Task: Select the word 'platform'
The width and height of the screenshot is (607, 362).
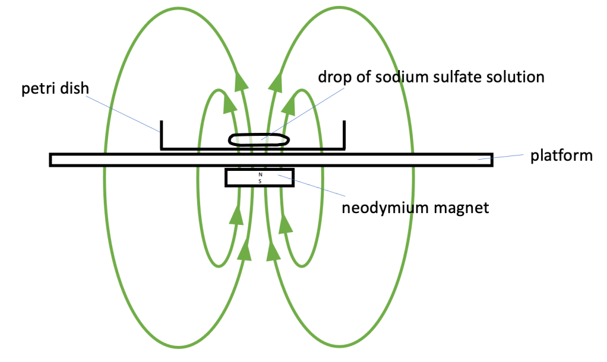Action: tap(561, 155)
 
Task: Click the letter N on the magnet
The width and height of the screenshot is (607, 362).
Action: tap(260, 174)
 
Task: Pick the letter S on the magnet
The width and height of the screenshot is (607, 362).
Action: tap(260, 180)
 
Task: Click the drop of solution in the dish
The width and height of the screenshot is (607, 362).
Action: tap(260, 139)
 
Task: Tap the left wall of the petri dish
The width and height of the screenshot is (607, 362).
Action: tap(162, 135)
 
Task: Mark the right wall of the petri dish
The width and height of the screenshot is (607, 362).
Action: tap(344, 135)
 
